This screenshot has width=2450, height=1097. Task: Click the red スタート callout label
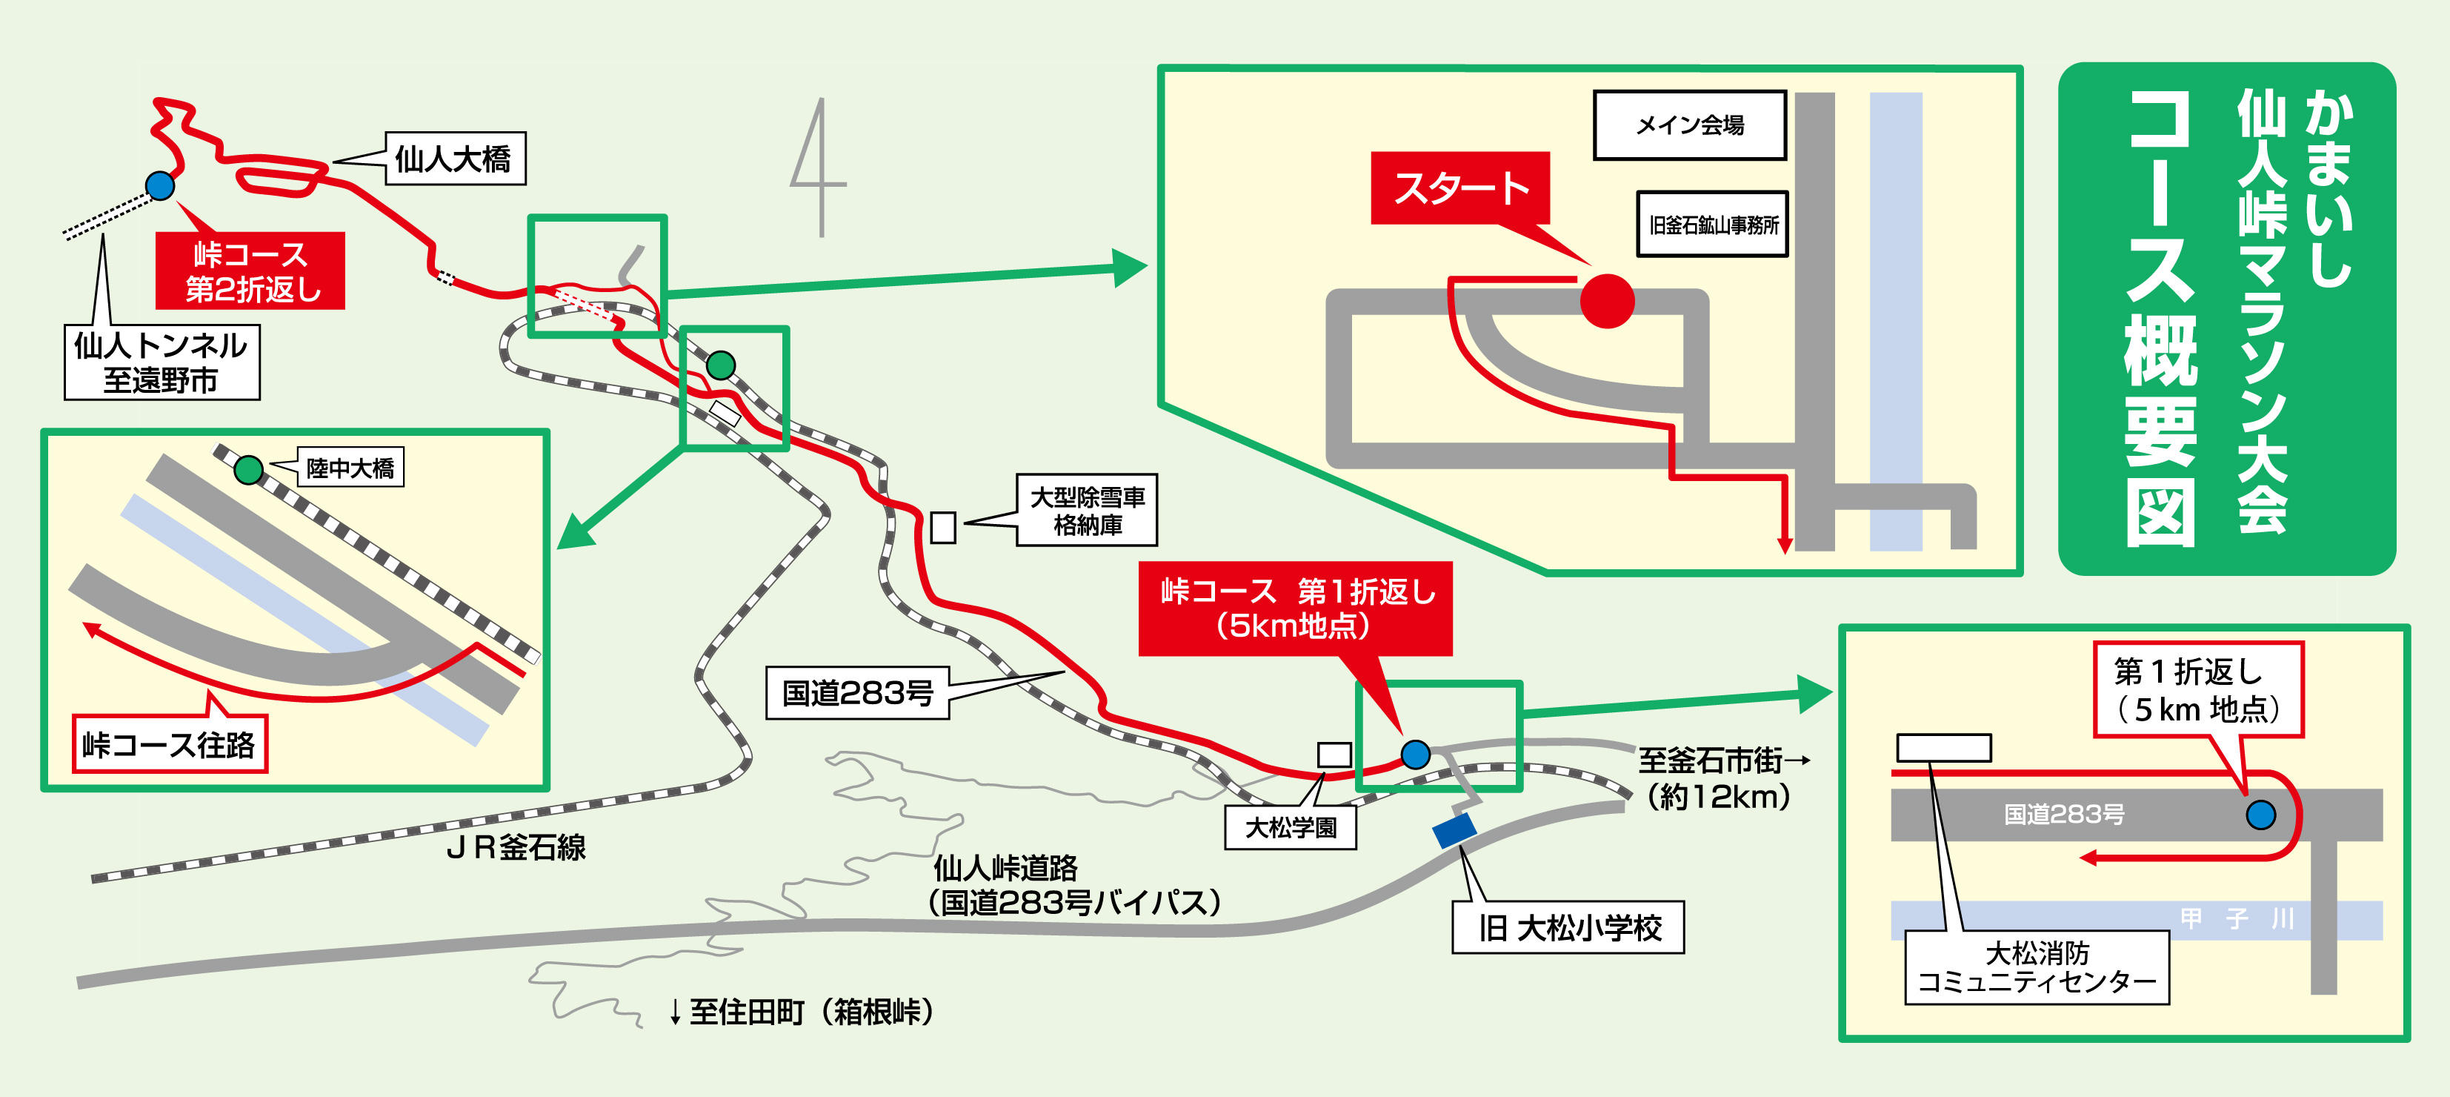point(1460,188)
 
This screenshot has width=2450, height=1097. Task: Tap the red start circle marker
point(1608,301)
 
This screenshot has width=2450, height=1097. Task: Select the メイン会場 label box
point(1690,125)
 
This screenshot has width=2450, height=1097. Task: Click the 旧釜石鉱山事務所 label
point(1713,225)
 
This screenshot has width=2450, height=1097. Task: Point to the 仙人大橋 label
point(456,158)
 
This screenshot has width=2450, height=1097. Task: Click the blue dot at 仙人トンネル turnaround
point(160,185)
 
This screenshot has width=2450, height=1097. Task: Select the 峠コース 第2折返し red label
point(250,271)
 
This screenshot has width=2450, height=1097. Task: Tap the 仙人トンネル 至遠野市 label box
point(162,362)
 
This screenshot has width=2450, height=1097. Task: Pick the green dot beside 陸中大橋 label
point(248,470)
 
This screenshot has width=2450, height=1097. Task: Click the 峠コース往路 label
point(170,744)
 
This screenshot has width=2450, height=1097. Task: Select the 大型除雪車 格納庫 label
point(1087,510)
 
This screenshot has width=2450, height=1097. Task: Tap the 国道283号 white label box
point(858,692)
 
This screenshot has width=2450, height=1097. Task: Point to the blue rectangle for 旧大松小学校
point(1455,829)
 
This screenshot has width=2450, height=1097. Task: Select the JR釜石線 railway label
point(516,846)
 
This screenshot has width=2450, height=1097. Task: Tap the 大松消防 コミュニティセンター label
point(2037,967)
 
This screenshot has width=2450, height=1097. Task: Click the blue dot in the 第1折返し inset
point(2261,815)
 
